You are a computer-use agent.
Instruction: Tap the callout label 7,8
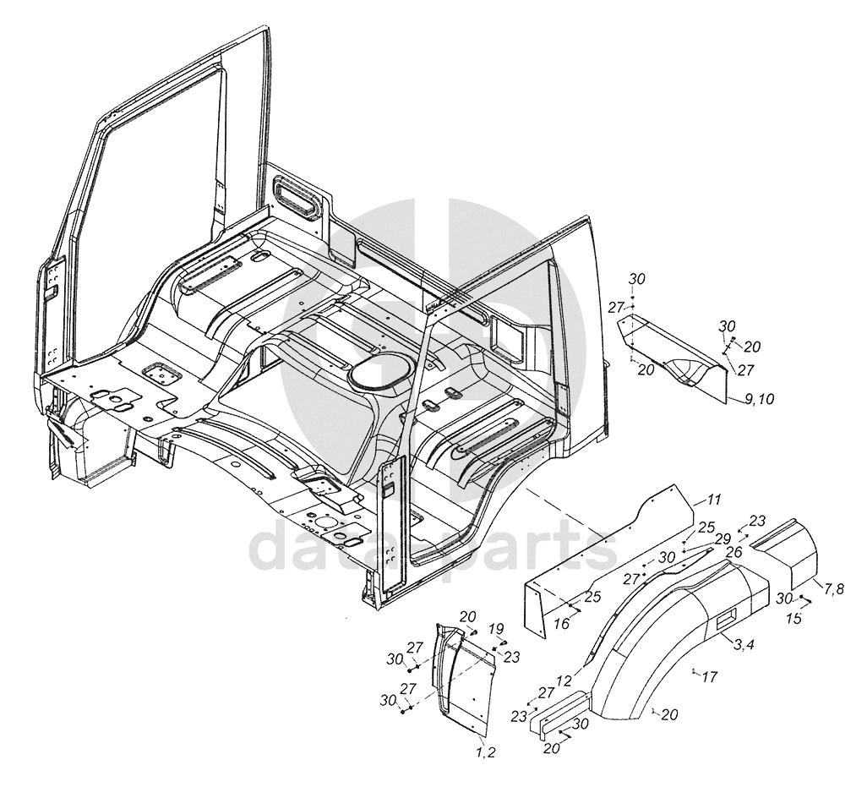point(833,588)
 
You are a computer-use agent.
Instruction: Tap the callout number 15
point(795,620)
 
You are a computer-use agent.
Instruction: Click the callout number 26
point(733,551)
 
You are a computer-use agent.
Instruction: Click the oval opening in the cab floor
point(378,373)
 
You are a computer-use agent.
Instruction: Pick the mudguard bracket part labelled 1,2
point(465,676)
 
